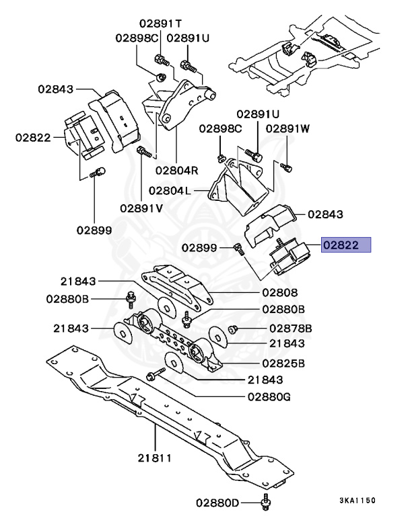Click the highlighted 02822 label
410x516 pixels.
pyautogui.click(x=346, y=246)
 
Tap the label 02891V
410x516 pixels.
pyautogui.click(x=141, y=208)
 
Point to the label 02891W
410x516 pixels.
pyautogui.click(x=287, y=128)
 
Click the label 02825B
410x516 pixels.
pyautogui.click(x=283, y=363)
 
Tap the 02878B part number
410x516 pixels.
pyautogui.click(x=290, y=329)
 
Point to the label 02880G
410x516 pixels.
pyautogui.click(x=268, y=396)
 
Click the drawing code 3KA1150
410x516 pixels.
pyautogui.click(x=357, y=501)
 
